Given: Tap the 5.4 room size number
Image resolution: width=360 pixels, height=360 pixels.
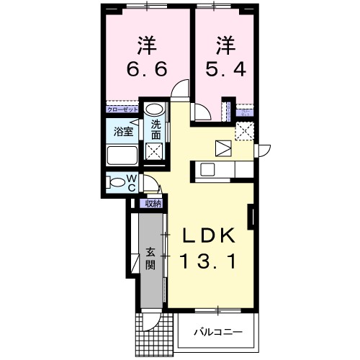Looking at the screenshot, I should [224, 70].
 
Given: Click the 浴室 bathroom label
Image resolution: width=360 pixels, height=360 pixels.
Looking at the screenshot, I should [123, 131].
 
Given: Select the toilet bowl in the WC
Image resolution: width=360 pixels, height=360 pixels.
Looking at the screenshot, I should [115, 182].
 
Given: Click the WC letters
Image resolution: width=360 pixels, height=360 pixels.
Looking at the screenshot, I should [132, 182].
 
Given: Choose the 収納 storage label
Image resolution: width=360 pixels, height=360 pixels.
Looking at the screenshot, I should [153, 204].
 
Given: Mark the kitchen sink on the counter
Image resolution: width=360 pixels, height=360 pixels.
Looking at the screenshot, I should [207, 170].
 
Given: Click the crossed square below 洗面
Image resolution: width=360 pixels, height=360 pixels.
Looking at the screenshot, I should [154, 151].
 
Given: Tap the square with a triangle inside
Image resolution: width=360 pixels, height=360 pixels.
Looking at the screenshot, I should [223, 147].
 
